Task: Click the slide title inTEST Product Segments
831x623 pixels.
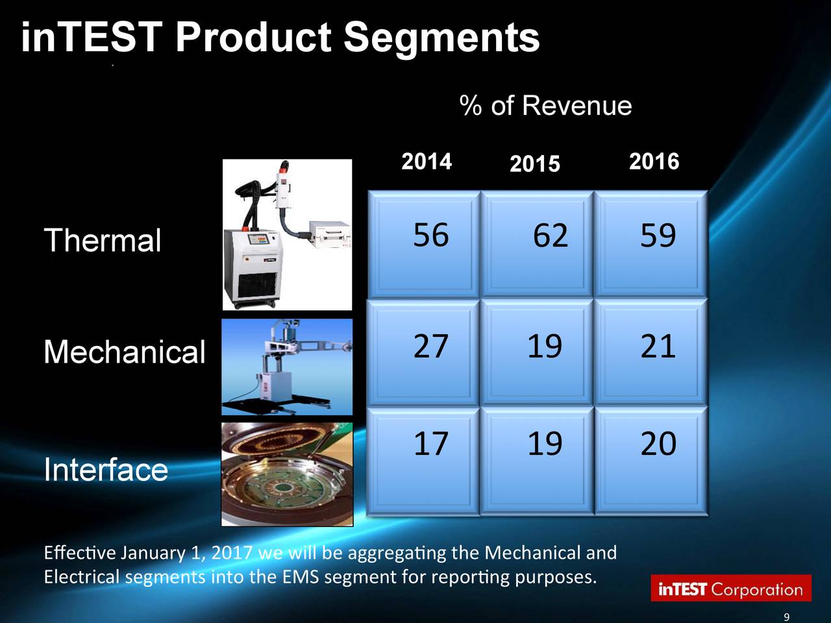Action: tap(280, 38)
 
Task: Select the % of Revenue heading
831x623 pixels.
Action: tap(545, 106)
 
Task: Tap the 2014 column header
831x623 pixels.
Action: tap(427, 162)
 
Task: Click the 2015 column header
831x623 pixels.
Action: tap(534, 164)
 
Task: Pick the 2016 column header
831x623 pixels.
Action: tap(654, 162)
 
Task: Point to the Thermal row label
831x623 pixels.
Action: tap(103, 241)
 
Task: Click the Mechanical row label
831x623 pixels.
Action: tap(124, 352)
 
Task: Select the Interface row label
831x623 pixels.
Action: tap(106, 469)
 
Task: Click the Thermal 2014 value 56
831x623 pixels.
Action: tap(430, 235)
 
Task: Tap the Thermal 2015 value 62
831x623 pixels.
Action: tap(550, 236)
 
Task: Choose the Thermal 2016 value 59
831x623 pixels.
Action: tap(658, 236)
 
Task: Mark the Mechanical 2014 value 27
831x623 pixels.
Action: tap(430, 346)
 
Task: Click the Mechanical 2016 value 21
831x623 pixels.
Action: tap(658, 346)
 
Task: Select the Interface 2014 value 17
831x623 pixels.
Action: tap(430, 444)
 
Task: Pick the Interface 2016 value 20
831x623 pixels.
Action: tap(658, 444)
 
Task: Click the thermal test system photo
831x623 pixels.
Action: tap(287, 235)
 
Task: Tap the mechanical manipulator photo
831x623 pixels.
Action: tap(287, 367)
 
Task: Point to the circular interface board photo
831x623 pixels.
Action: tap(287, 474)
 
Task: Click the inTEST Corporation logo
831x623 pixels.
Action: tap(731, 589)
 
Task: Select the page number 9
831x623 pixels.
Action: tap(786, 617)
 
